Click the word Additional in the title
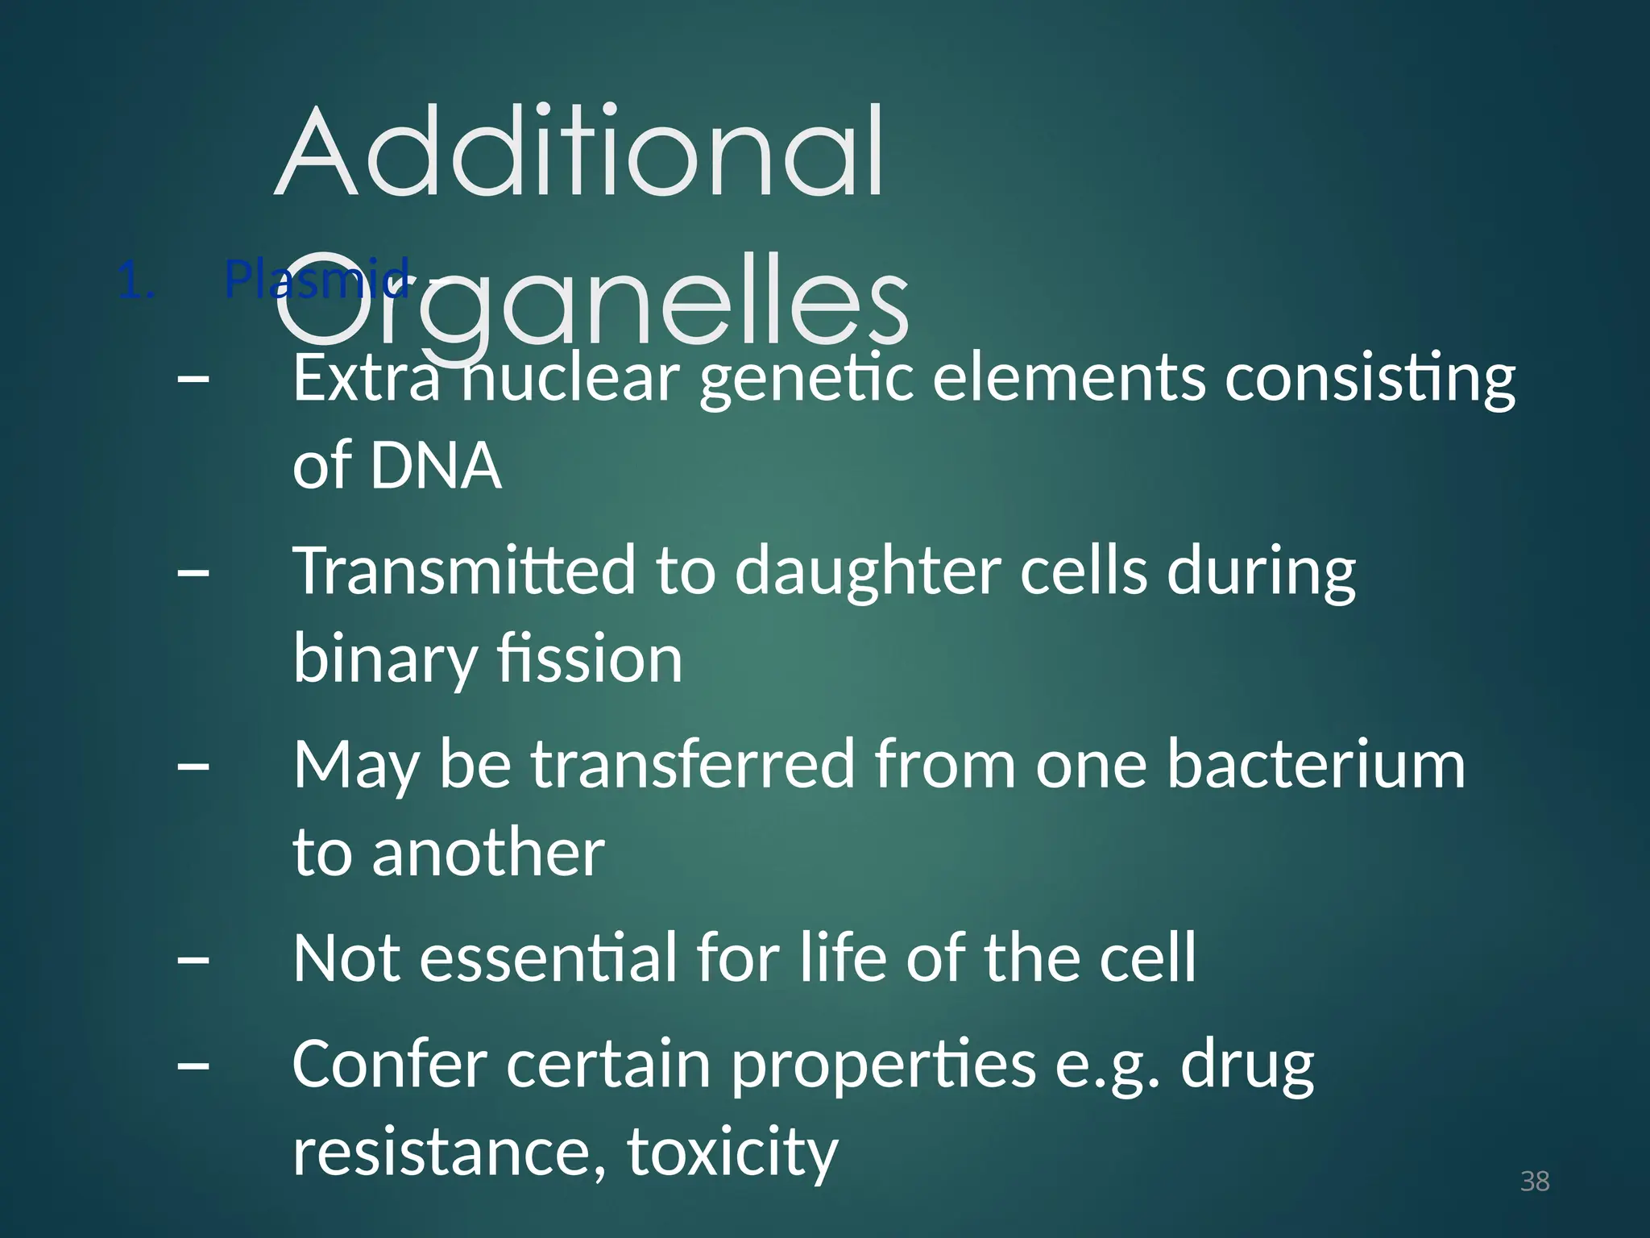(x=580, y=153)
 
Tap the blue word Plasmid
(x=317, y=279)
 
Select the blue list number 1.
(x=135, y=282)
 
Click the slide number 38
(x=1534, y=1181)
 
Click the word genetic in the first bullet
(x=806, y=379)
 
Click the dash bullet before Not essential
(x=193, y=960)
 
